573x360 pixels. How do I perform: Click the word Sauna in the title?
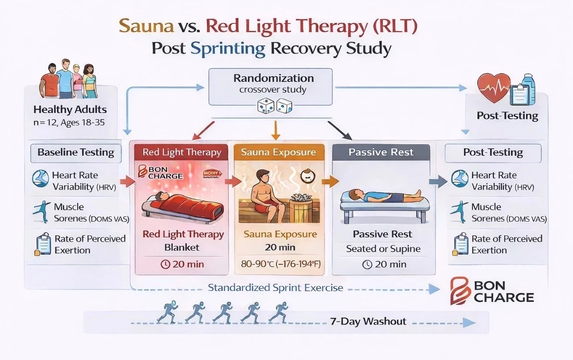[146, 26]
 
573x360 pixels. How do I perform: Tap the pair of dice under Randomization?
[274, 106]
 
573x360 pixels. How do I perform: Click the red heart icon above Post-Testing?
[494, 87]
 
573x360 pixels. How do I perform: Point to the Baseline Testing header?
[76, 152]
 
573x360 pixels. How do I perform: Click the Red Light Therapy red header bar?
[182, 152]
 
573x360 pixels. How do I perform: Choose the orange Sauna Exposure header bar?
[279, 152]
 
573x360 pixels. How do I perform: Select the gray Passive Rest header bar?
[381, 152]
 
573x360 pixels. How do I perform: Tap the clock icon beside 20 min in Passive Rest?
[367, 264]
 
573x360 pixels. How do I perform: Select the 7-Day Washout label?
[368, 322]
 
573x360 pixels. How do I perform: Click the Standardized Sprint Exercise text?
[275, 287]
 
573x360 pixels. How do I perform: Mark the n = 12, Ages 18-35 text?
[69, 122]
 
